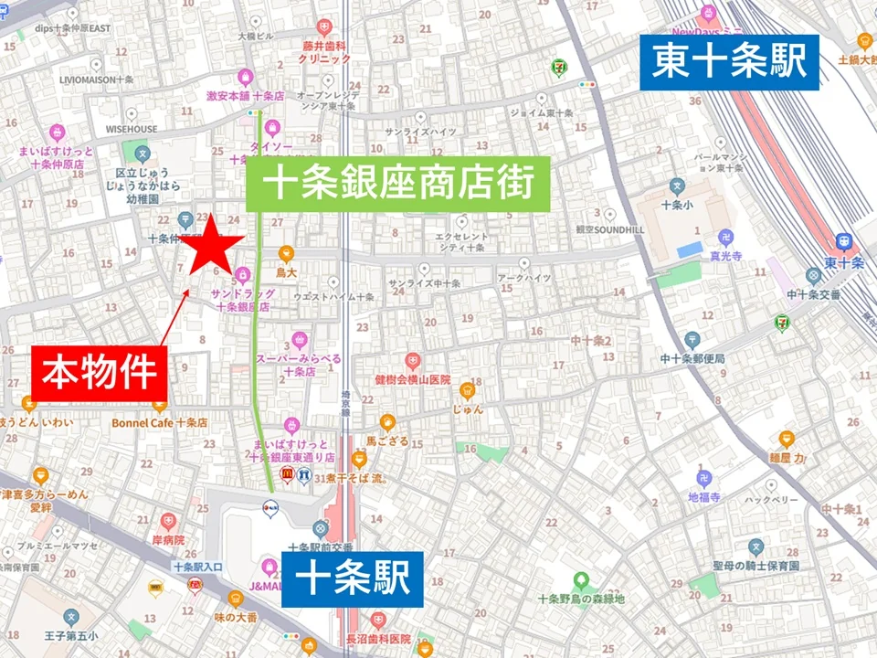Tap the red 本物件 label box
click(x=99, y=374)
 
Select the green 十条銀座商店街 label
click(x=398, y=184)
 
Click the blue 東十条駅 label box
click(x=729, y=62)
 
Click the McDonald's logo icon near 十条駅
click(x=286, y=474)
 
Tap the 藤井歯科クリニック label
click(x=323, y=51)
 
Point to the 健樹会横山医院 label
click(x=413, y=378)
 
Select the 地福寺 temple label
click(x=704, y=497)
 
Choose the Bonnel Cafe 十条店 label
click(x=160, y=423)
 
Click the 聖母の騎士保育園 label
click(x=756, y=566)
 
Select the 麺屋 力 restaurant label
click(x=786, y=457)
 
